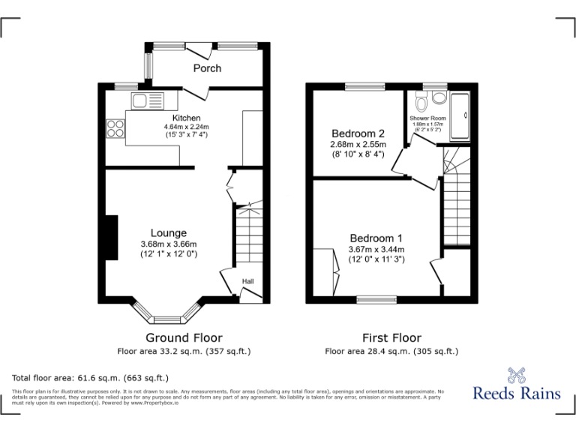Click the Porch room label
pyautogui.click(x=207, y=68)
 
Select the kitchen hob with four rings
pyautogui.click(x=115, y=128)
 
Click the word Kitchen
pyautogui.click(x=186, y=118)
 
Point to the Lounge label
pyautogui.click(x=168, y=233)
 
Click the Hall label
pyautogui.click(x=247, y=282)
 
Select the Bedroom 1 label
pyautogui.click(x=376, y=238)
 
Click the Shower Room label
pyautogui.click(x=427, y=118)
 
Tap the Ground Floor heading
pyautogui.click(x=184, y=338)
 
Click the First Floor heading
pyautogui.click(x=391, y=338)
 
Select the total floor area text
pyautogui.click(x=91, y=378)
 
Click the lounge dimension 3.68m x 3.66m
pyautogui.click(x=168, y=244)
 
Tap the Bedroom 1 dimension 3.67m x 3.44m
pyautogui.click(x=376, y=249)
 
